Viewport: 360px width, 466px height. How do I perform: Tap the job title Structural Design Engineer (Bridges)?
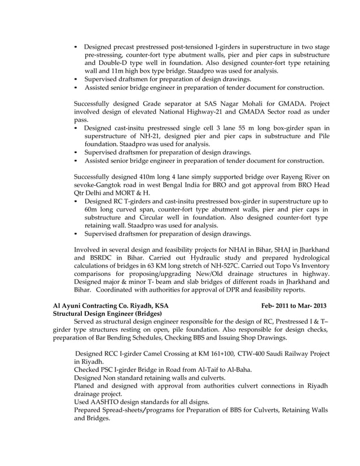coord(107,313)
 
